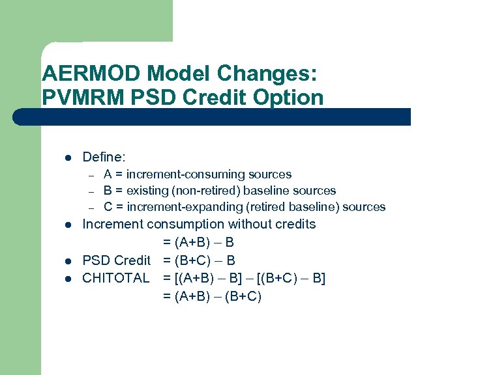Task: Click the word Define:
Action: pyautogui.click(x=104, y=157)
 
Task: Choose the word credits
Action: pyautogui.click(x=293, y=224)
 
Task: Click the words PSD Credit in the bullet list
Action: pyautogui.click(x=116, y=260)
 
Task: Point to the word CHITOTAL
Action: pyautogui.click(x=115, y=279)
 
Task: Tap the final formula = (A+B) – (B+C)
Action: pyautogui.click(x=212, y=297)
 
